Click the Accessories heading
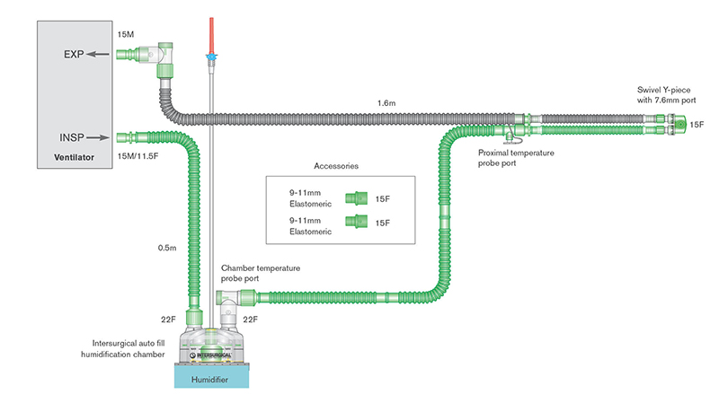338,167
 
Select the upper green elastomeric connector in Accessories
357,197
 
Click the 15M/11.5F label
139,157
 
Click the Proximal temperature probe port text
518,158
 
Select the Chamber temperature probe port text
261,273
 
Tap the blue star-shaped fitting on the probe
212,57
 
